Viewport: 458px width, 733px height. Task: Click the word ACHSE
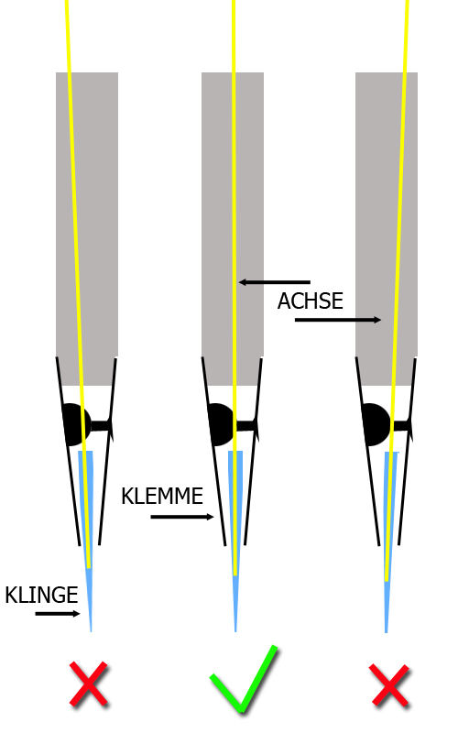click(x=311, y=301)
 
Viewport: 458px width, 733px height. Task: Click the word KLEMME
click(x=162, y=496)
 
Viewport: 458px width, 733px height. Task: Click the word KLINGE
click(x=41, y=595)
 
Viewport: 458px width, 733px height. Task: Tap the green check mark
click(x=244, y=679)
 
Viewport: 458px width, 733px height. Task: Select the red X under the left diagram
click(x=89, y=684)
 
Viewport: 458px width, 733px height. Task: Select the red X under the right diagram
click(x=390, y=685)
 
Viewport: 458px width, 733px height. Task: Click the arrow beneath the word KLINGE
click(x=58, y=614)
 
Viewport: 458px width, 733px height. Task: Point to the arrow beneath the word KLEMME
click(x=182, y=517)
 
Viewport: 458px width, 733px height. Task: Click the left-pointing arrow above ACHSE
click(x=274, y=282)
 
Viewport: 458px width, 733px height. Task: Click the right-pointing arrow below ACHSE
click(x=338, y=320)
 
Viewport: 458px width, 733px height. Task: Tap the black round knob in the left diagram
click(x=76, y=424)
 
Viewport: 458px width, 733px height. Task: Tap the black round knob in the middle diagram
click(x=222, y=424)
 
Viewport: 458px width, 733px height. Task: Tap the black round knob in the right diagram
click(x=376, y=424)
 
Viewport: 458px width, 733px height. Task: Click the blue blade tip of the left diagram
click(x=91, y=631)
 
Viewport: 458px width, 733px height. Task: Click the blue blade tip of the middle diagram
click(x=235, y=631)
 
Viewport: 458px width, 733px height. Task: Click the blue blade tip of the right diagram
click(x=386, y=632)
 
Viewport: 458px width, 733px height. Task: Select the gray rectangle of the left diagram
click(x=87, y=228)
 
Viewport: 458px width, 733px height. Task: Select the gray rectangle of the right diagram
click(x=387, y=228)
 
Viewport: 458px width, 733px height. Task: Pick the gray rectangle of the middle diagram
click(x=233, y=228)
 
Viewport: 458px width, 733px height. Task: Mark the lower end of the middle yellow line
click(x=235, y=575)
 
